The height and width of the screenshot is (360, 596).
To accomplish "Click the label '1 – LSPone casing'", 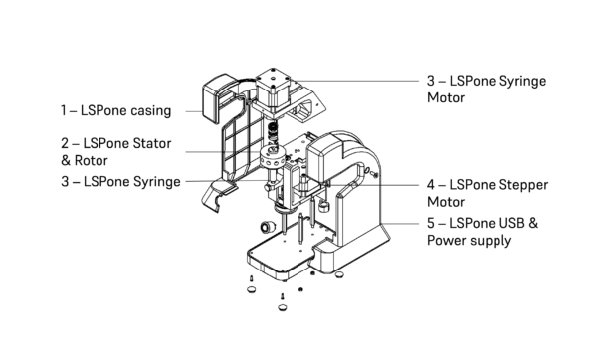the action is pos(116,111).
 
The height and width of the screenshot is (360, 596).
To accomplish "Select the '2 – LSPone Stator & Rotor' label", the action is pos(116,152).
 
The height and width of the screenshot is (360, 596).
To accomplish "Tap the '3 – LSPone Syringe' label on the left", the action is pos(120,182).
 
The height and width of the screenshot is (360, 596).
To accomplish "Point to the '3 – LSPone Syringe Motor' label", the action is pos(487,90).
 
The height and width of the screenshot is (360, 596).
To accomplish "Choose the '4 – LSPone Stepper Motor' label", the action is pos(488,193).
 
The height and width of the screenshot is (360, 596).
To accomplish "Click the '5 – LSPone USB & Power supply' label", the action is pos(483,232).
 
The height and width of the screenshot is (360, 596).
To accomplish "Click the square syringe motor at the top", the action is pos(273,90).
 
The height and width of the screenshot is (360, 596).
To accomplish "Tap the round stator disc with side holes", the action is pos(274,157).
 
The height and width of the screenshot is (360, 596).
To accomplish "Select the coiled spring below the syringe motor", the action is pos(273,131).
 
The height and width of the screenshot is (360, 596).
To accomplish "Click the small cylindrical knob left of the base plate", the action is pos(268,227).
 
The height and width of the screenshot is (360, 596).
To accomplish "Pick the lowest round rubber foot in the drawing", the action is pos(282,307).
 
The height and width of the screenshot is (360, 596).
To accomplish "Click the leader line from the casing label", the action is pos(194,111).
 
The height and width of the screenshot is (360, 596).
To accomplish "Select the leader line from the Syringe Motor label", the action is pos(356,81).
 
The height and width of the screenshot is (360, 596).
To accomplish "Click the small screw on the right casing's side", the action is pos(375,175).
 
